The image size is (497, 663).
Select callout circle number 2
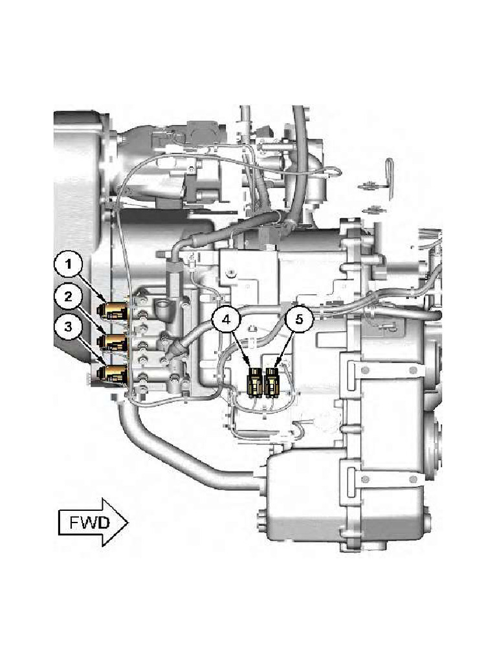pyautogui.click(x=67, y=297)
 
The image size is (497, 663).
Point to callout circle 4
pyautogui.click(x=226, y=320)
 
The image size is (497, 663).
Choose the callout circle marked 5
pyautogui.click(x=299, y=320)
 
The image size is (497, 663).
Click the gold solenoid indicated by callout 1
pyautogui.click(x=113, y=312)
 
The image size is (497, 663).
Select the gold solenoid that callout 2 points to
pyautogui.click(x=113, y=343)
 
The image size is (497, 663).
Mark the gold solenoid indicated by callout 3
pyautogui.click(x=113, y=374)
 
